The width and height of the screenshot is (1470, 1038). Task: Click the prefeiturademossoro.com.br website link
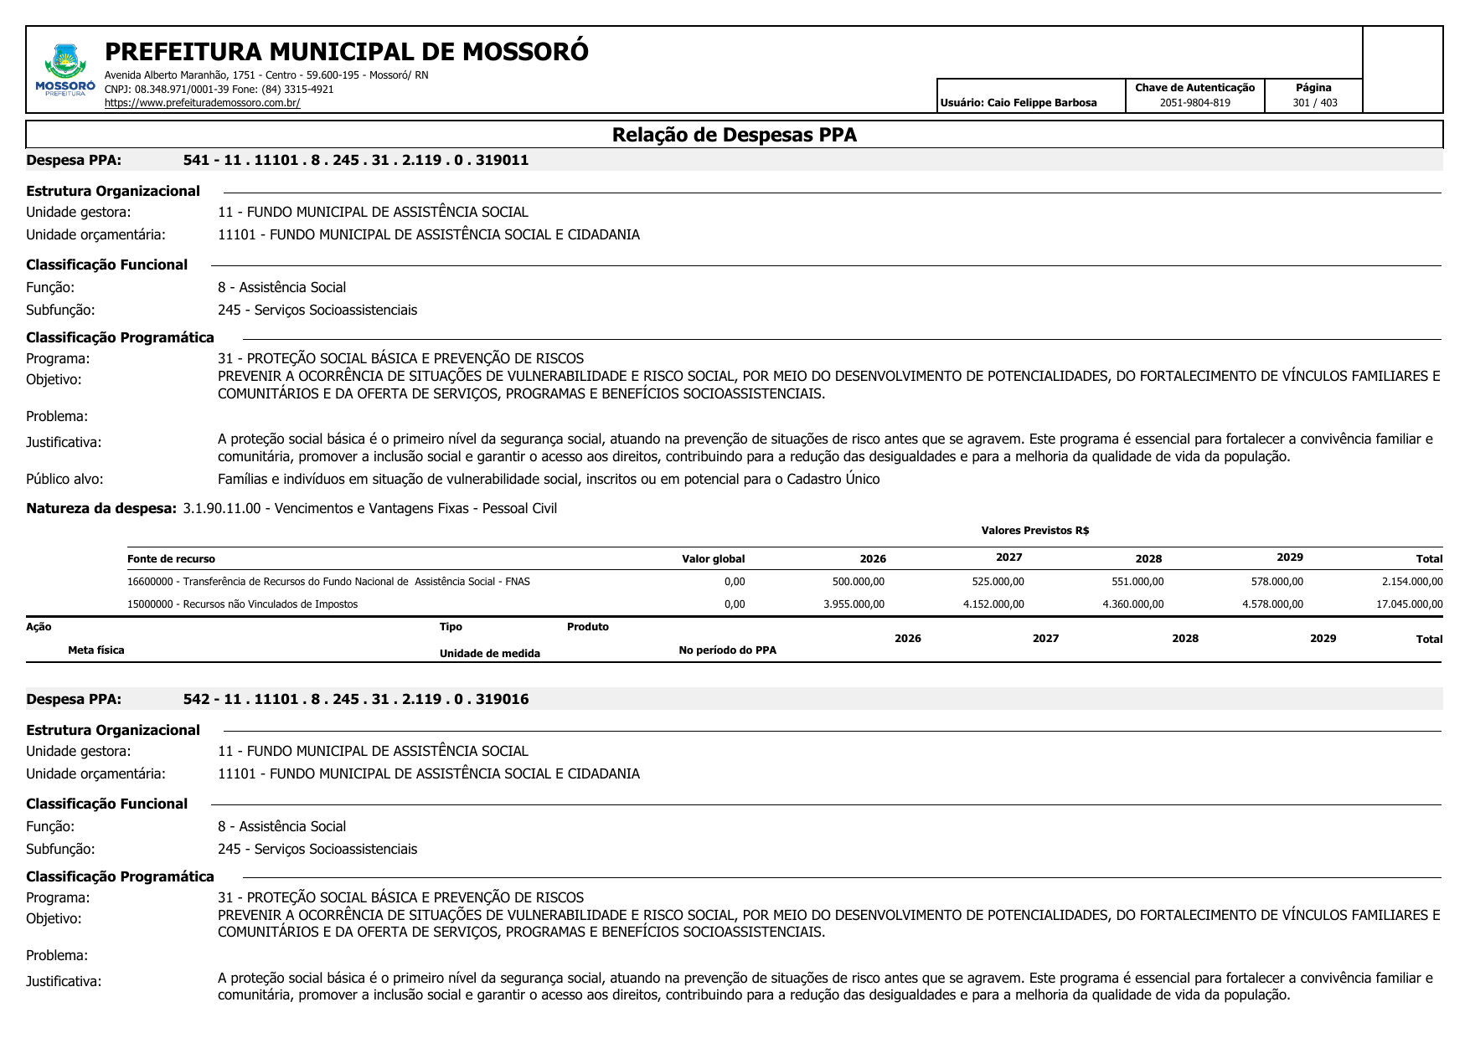(x=202, y=103)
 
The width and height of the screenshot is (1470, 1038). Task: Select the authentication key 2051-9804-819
(x=1194, y=103)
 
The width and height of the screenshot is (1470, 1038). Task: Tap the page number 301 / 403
(x=1314, y=103)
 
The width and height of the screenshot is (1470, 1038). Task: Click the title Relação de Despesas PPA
(x=734, y=135)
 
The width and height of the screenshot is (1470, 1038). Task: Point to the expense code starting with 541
(x=355, y=160)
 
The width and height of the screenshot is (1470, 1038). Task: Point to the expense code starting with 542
(x=355, y=699)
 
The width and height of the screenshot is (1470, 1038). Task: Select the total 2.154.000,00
(x=1411, y=582)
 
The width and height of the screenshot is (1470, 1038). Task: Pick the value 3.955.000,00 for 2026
(x=854, y=604)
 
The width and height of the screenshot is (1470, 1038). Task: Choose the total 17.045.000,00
(x=1409, y=604)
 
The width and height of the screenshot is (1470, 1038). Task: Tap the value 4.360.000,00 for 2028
(x=1132, y=604)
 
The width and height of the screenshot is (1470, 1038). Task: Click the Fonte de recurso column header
(x=171, y=559)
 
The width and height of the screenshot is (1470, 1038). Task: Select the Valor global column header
(x=713, y=559)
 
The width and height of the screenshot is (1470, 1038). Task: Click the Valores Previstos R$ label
(x=1034, y=531)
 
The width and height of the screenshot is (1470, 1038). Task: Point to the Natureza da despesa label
(x=101, y=508)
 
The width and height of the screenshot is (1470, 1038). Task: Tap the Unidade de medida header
(x=489, y=654)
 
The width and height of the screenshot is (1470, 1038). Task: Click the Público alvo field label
(x=64, y=479)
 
